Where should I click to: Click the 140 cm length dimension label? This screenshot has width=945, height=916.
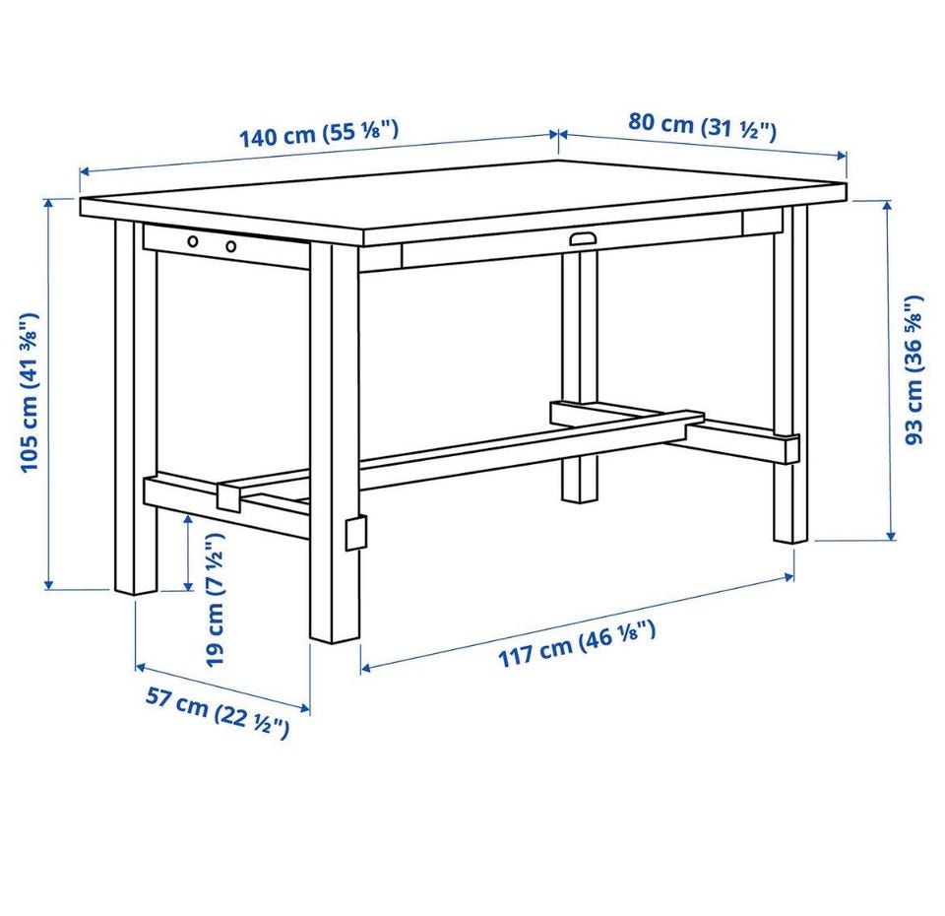pyautogui.click(x=319, y=134)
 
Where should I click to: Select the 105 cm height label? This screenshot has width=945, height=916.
pyautogui.click(x=30, y=392)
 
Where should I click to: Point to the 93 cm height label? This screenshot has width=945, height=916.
pyautogui.click(x=913, y=369)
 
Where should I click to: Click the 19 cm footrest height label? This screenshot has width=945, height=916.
pyautogui.click(x=216, y=600)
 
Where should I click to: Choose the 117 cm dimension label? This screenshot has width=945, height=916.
pyautogui.click(x=577, y=644)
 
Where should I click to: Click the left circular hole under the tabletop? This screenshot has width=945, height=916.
pyautogui.click(x=193, y=242)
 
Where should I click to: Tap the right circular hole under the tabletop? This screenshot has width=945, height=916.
pyautogui.click(x=230, y=245)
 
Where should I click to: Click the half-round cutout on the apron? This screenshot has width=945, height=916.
pyautogui.click(x=583, y=238)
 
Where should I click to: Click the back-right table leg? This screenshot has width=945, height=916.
pyautogui.click(x=791, y=374)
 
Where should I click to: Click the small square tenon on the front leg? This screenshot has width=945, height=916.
pyautogui.click(x=355, y=533)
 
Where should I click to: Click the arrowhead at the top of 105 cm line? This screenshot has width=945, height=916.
pyautogui.click(x=49, y=202)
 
